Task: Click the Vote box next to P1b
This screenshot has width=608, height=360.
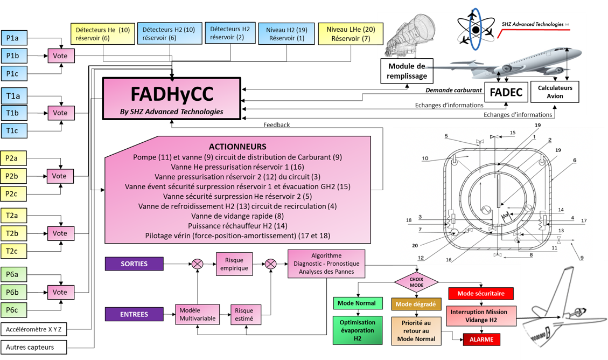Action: pyautogui.click(x=61, y=56)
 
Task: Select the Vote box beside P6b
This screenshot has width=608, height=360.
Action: pyautogui.click(x=60, y=292)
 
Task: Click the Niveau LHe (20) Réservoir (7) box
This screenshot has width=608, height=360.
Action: pyautogui.click(x=351, y=34)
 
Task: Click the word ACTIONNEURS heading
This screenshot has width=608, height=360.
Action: pyautogui.click(x=237, y=147)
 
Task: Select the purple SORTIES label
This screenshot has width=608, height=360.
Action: pyautogui.click(x=134, y=264)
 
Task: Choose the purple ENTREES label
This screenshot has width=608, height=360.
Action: pyautogui.click(x=134, y=314)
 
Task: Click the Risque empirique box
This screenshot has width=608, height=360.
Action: pyautogui.click(x=234, y=264)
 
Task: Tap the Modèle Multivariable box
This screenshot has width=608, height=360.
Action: pyautogui.click(x=198, y=314)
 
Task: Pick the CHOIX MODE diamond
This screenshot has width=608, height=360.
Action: pyautogui.click(x=416, y=282)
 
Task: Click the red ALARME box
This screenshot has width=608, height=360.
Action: pyautogui.click(x=481, y=340)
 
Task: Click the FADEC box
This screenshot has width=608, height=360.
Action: pyautogui.click(x=506, y=92)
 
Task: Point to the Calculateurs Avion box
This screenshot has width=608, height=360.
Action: pyautogui.click(x=555, y=92)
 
